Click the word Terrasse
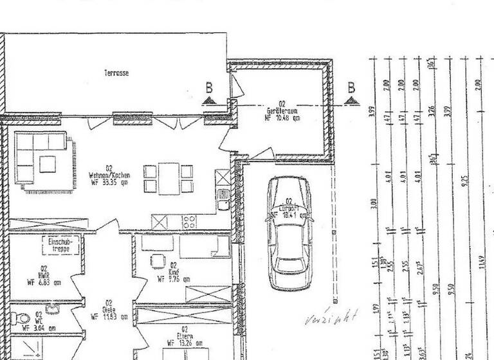[116, 73]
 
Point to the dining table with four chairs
[168, 178]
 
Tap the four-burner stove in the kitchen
[190, 222]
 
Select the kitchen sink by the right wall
[223, 199]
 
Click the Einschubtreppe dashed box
[60, 245]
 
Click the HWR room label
[44, 274]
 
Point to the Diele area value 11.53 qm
[109, 316]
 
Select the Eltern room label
[184, 334]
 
